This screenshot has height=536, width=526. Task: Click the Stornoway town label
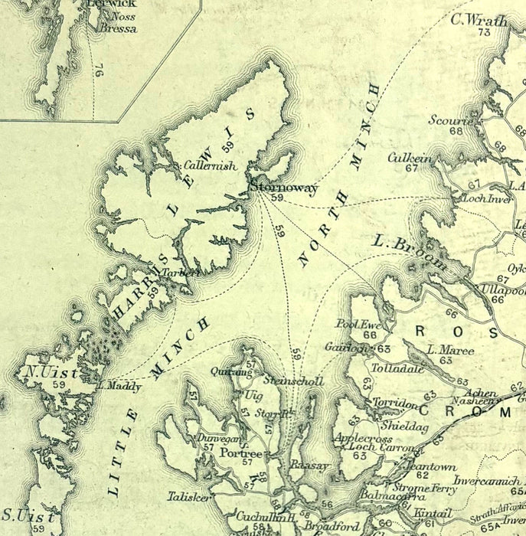pos(283,188)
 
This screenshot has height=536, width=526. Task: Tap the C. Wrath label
pos(479,20)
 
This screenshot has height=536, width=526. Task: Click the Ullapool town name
pos(503,289)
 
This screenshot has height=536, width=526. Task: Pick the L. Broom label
pos(410,252)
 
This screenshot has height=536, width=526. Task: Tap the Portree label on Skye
pos(241,453)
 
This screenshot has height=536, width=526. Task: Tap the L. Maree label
pos(450,350)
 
